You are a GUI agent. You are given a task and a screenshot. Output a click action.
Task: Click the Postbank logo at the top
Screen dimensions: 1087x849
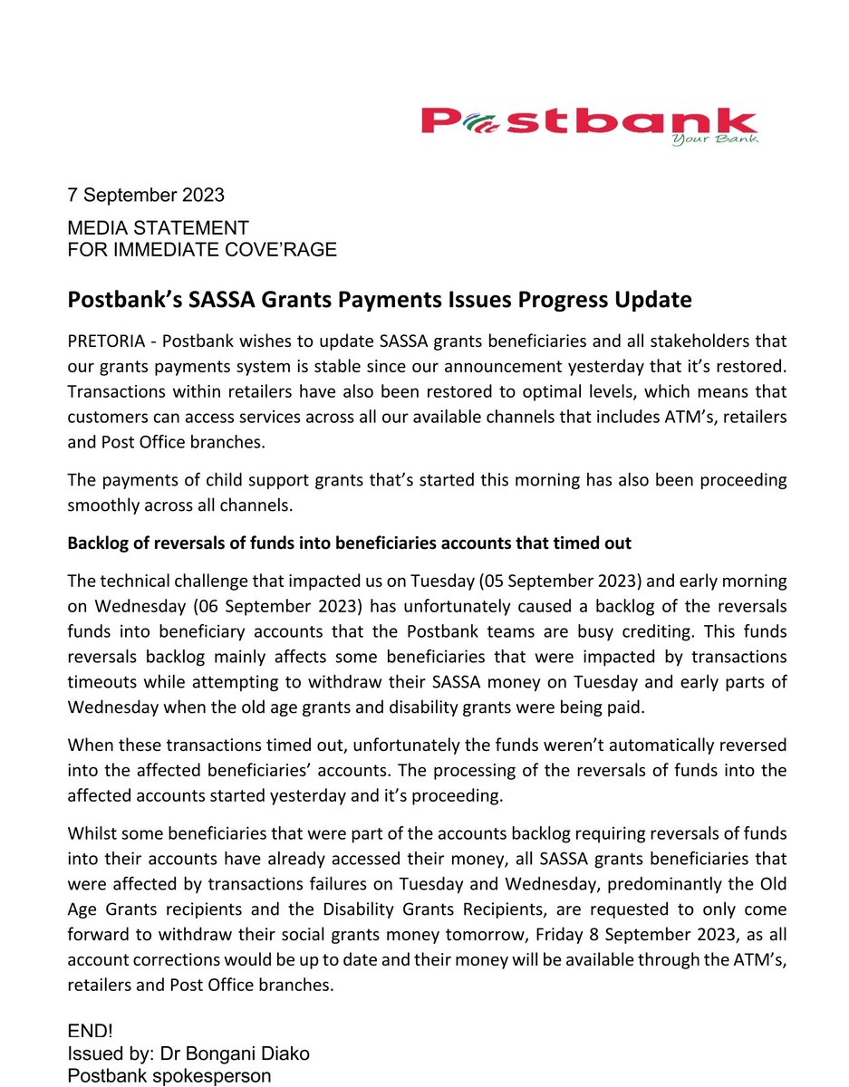[x=588, y=122]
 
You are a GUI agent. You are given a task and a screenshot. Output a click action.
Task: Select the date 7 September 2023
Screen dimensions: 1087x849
[x=146, y=195]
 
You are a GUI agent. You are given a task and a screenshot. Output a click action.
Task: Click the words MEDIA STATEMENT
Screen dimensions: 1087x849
[x=158, y=228]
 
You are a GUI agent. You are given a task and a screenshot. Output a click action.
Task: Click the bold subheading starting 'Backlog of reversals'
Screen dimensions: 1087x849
[x=349, y=543]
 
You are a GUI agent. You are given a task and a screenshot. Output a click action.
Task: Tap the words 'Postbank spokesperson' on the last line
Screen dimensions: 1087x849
[x=169, y=1075]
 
